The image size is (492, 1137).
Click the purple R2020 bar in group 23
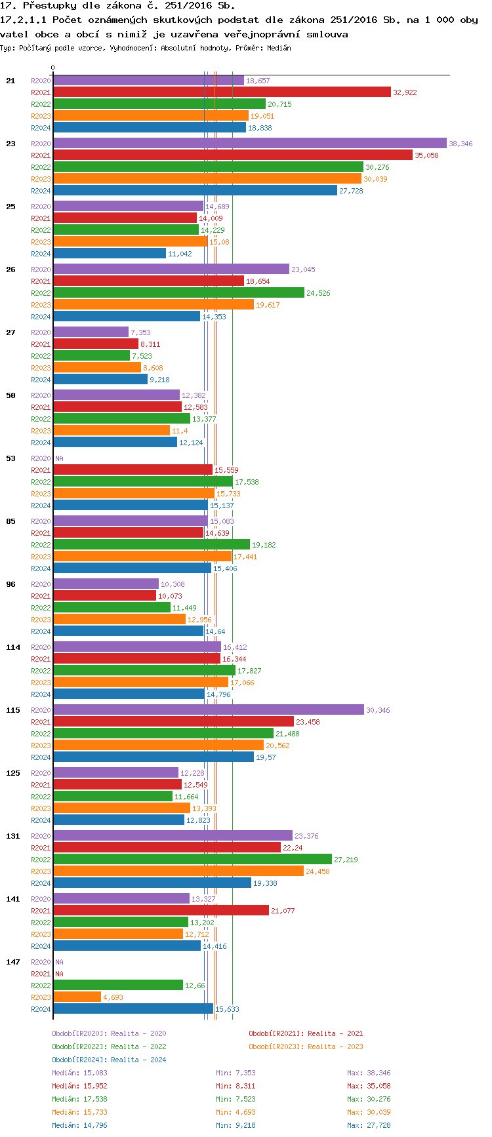coord(249,144)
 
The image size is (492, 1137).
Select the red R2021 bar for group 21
coord(222,92)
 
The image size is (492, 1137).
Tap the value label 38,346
coord(461,144)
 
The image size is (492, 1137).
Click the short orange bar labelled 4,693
coord(77,997)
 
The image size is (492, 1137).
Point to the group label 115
coord(13,710)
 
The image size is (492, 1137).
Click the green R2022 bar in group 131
coord(192,860)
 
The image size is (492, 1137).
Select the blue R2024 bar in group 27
coord(100,380)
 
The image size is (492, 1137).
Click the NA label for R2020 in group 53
coord(59,458)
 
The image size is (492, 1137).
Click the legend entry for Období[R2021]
coord(306,1033)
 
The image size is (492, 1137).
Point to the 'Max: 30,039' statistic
coord(369,1112)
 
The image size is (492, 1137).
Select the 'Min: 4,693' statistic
coord(236,1112)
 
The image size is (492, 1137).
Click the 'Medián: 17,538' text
coord(79,1099)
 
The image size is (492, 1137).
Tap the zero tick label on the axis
coord(53,68)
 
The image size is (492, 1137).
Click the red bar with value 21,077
coord(161,911)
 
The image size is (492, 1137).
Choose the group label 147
coord(13,962)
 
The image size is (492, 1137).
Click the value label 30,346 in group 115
coord(378,710)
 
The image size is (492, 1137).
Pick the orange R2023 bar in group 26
coord(154,305)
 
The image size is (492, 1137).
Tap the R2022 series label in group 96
coord(41,608)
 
